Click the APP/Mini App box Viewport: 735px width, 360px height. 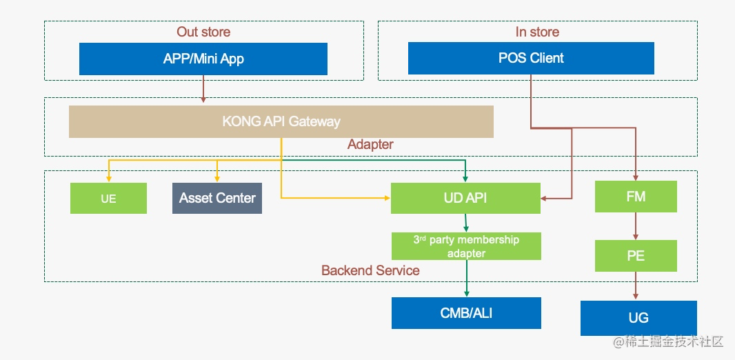click(203, 59)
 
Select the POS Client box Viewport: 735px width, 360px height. click(531, 58)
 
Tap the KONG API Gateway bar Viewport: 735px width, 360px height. click(281, 121)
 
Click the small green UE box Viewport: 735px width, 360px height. click(108, 198)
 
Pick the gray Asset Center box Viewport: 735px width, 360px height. click(217, 198)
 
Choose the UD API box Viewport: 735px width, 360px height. click(465, 198)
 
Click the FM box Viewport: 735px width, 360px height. click(636, 197)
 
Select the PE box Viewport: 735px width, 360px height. click(636, 256)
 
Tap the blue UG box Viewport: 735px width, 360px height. click(638, 318)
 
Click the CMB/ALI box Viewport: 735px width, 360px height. click(466, 313)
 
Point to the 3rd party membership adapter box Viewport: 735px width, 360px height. click(466, 246)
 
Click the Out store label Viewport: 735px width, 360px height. click(203, 32)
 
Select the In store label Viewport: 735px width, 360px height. click(537, 32)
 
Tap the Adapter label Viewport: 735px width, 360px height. click(370, 144)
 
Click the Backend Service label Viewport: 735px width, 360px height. click(370, 270)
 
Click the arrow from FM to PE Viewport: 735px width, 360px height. click(636, 226)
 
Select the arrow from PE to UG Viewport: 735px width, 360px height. click(636, 286)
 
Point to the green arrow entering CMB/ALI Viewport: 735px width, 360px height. click(466, 283)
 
